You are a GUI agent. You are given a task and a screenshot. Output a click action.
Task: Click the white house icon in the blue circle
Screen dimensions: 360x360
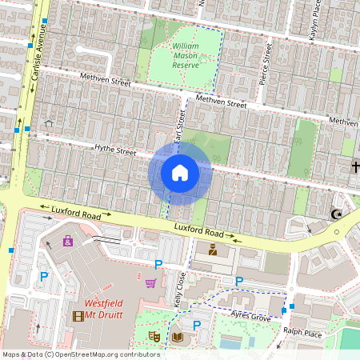(180, 172)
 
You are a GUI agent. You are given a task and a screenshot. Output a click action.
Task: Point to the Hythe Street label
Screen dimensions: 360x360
(116, 150)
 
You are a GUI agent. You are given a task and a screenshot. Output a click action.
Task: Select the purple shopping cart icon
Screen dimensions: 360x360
(150, 282)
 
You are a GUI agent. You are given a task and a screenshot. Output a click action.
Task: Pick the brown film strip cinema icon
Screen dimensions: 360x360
(78, 315)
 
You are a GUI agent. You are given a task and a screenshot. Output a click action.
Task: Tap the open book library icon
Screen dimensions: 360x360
(178, 337)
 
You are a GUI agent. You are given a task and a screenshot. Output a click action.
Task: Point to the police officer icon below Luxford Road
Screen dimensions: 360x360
(213, 250)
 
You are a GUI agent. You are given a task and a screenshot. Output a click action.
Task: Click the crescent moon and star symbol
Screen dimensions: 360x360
(335, 214)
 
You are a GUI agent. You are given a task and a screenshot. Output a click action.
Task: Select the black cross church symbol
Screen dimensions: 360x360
(354, 166)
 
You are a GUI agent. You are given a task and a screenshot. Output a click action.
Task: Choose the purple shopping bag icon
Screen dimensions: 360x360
(68, 240)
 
